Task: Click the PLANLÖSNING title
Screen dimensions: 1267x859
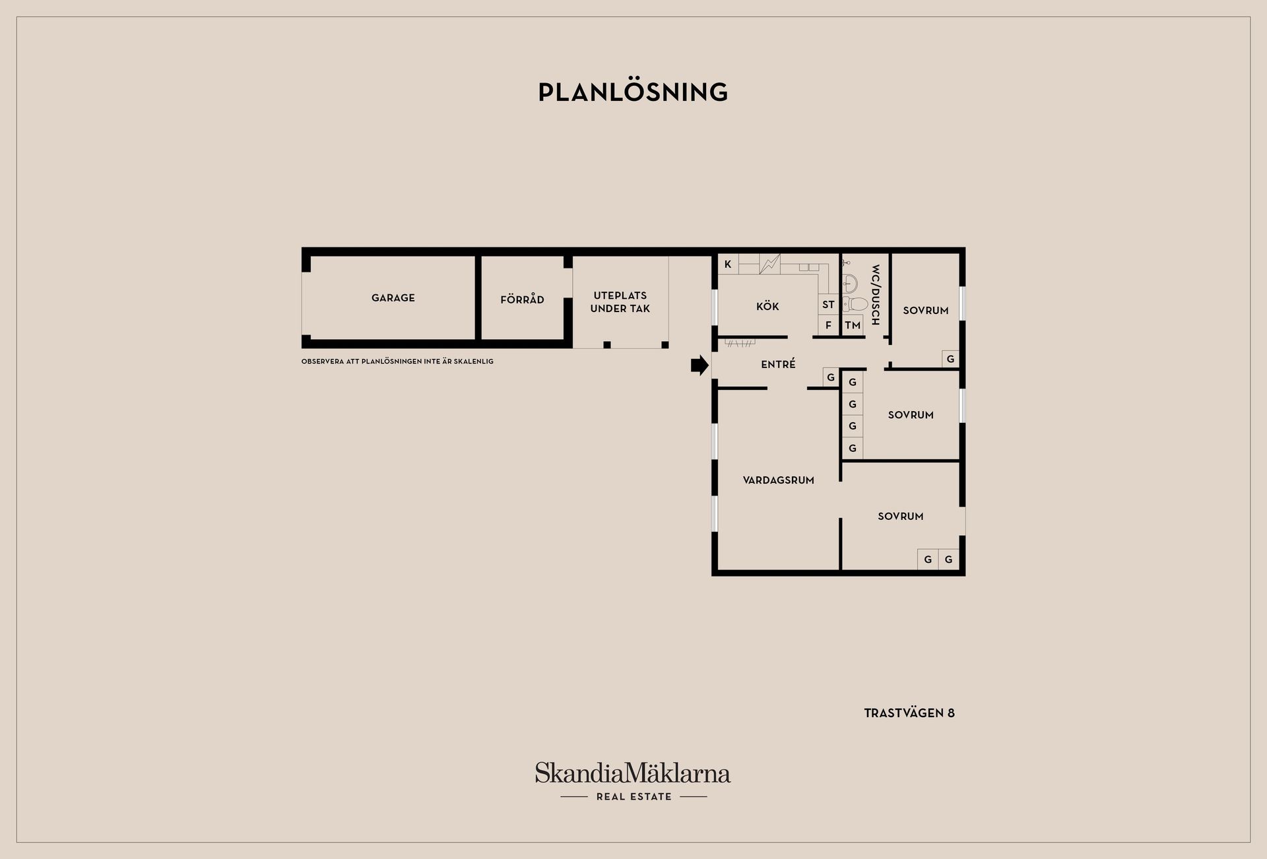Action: click(x=633, y=92)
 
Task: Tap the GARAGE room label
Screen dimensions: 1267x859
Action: click(x=393, y=298)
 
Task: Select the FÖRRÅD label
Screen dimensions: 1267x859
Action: click(x=522, y=299)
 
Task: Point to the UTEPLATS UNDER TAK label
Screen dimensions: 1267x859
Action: click(x=620, y=302)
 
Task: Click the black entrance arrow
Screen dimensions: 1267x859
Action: click(x=699, y=365)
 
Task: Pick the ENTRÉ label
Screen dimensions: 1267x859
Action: click(x=778, y=364)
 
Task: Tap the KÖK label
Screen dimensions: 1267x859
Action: click(x=767, y=306)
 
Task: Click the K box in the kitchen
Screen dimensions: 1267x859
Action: click(x=728, y=265)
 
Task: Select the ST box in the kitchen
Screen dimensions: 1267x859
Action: click(x=828, y=304)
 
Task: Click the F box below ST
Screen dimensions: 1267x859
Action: click(x=828, y=325)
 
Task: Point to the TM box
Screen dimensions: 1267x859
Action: click(x=853, y=325)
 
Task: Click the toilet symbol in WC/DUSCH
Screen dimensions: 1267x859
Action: click(x=855, y=304)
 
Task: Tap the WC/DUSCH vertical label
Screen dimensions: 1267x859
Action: click(x=876, y=295)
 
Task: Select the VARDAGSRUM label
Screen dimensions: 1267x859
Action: click(x=779, y=480)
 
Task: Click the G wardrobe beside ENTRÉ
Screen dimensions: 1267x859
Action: click(x=831, y=377)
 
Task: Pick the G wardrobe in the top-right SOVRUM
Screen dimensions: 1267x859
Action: click(x=950, y=359)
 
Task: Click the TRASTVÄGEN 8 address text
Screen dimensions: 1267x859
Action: click(x=909, y=713)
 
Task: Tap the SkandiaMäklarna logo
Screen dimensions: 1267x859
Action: click(x=633, y=773)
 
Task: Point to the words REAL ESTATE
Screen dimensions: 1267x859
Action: click(x=633, y=796)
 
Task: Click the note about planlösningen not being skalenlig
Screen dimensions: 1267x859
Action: click(x=397, y=362)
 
